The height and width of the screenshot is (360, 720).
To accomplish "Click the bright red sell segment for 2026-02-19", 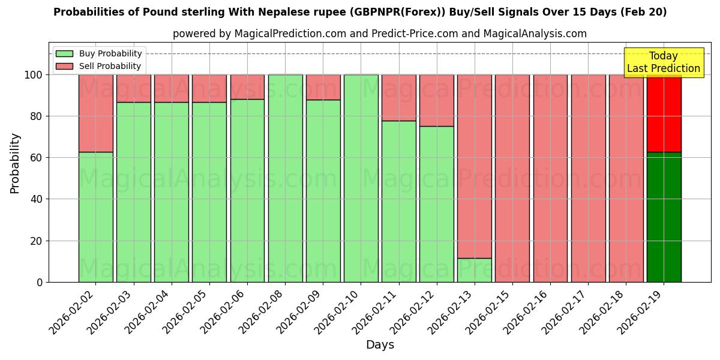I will point(664,113).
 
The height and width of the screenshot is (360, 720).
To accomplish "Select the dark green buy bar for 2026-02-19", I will point(664,217).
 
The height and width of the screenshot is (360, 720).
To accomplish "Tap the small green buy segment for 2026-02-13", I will point(474,270).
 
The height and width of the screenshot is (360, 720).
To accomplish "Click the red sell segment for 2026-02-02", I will point(95,113).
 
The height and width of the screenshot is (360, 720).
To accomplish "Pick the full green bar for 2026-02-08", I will point(285,178).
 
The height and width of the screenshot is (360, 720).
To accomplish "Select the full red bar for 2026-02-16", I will point(550,178).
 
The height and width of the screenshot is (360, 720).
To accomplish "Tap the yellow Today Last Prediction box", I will point(663,62).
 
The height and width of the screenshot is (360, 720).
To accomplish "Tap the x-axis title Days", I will point(380,345).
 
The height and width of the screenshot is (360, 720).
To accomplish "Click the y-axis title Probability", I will point(15,163).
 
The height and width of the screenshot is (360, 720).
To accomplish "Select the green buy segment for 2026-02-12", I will point(436,204).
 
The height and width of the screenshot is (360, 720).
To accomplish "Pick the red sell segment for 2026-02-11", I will point(398,98).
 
